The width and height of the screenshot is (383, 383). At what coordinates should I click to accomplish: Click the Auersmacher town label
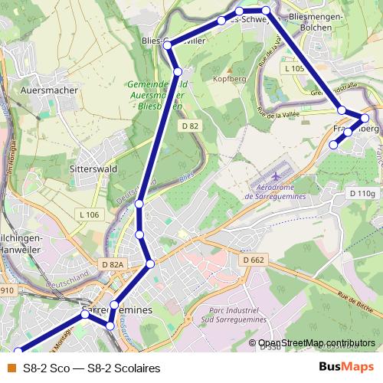click(x=51, y=90)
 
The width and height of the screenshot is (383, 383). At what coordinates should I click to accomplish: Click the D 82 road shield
click(x=191, y=125)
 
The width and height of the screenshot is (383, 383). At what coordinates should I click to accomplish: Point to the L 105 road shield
click(x=293, y=69)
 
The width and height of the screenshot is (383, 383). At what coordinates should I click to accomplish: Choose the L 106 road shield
click(x=88, y=214)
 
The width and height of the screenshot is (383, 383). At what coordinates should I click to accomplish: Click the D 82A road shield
click(x=112, y=264)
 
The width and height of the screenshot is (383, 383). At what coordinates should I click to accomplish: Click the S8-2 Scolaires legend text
click(x=91, y=368)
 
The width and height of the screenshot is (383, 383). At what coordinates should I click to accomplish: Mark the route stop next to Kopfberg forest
click(x=177, y=72)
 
